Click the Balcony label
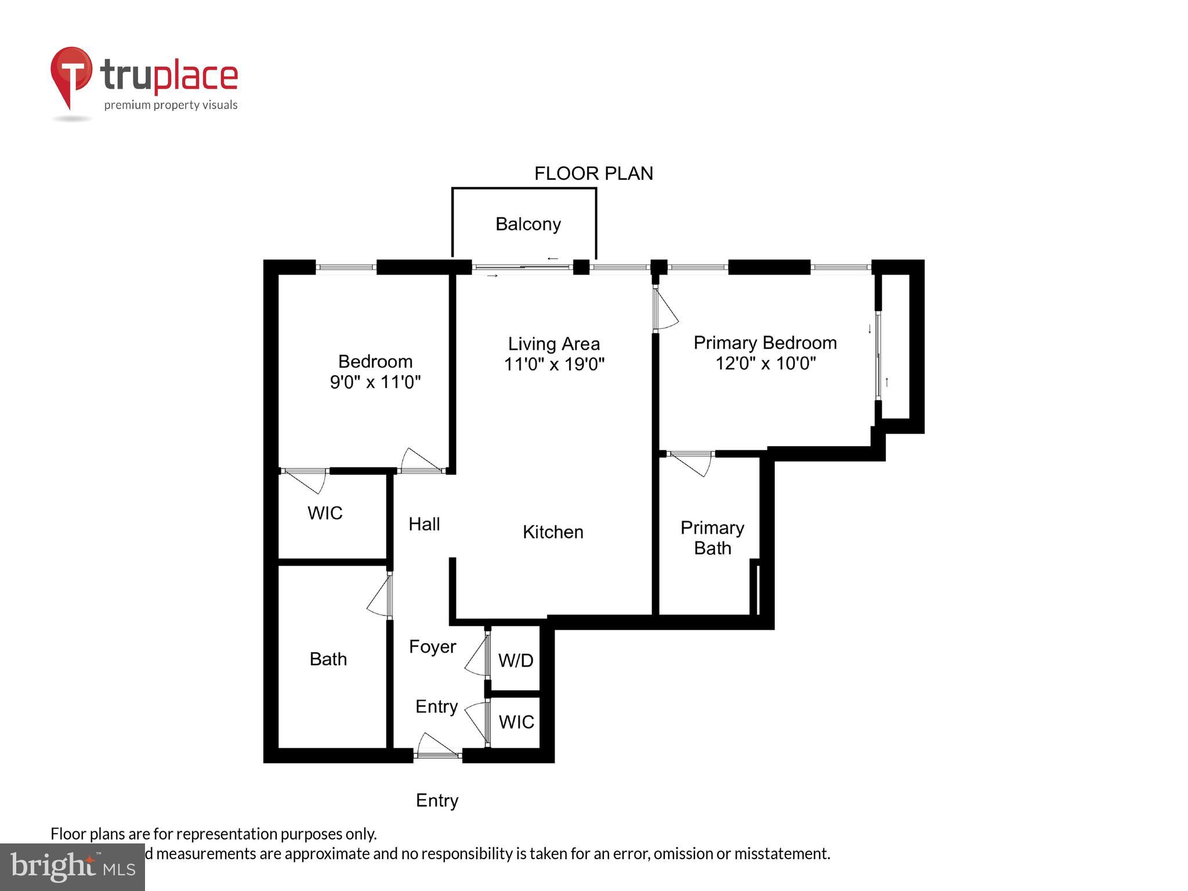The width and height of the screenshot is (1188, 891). tap(528, 224)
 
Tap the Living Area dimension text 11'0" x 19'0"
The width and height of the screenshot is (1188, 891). tap(554, 364)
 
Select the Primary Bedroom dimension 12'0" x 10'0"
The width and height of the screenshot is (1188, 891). tap(765, 363)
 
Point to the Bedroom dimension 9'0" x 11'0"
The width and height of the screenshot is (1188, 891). tap(375, 382)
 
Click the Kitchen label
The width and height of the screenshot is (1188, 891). tap(553, 532)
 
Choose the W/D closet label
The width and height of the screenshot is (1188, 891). tap(516, 660)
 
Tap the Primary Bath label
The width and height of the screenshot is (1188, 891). tap(712, 538)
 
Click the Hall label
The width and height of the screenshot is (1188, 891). tap(424, 524)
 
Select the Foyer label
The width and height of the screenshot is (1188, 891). tap(432, 647)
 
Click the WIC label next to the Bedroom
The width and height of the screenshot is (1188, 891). tap(325, 513)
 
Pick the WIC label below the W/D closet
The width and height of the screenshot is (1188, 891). tap(516, 722)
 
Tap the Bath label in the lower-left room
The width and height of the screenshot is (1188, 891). tap(328, 659)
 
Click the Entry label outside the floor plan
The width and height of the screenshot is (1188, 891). tap(437, 801)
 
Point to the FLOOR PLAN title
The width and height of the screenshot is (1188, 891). tap(593, 173)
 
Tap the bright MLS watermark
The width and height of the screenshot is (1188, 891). tap(72, 867)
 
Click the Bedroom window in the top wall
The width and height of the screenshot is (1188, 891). tap(346, 267)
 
